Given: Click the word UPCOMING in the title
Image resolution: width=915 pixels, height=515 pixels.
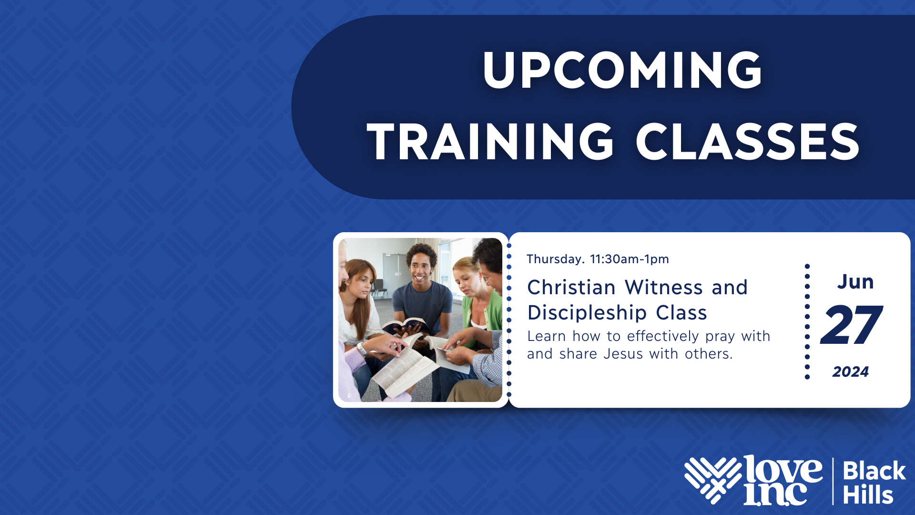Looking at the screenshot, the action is click(x=622, y=71).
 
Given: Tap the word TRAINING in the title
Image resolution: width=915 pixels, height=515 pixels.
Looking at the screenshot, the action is click(x=490, y=141).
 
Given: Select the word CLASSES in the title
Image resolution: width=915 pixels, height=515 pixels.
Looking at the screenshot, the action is click(x=748, y=141).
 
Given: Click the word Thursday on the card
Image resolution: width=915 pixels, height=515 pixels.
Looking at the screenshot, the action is click(x=555, y=259).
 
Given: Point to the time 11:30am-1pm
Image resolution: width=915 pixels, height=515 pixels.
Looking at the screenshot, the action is click(x=630, y=259).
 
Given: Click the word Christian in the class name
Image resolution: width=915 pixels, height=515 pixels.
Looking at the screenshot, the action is click(x=571, y=288).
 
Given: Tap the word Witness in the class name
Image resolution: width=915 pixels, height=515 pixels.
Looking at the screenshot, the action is click(x=664, y=288).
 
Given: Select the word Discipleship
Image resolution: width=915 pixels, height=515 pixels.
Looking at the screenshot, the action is click(x=587, y=313).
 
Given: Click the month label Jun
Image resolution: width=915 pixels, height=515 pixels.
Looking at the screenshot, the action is click(x=855, y=282).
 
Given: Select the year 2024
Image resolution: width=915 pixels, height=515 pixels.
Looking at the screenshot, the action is click(x=851, y=372).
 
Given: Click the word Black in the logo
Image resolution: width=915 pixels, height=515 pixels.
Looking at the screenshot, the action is click(x=874, y=471).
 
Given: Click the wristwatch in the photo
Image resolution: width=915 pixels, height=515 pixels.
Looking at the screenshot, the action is click(x=362, y=349).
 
